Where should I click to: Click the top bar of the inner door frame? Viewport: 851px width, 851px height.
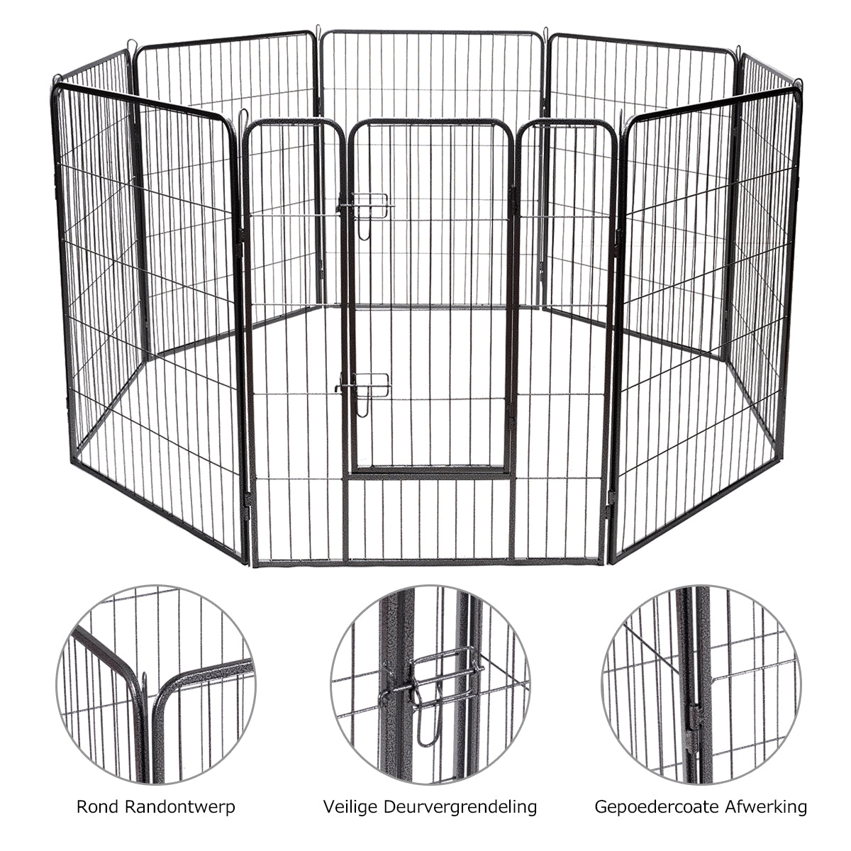tap(430, 123)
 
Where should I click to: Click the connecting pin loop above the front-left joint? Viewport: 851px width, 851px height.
tap(243, 113)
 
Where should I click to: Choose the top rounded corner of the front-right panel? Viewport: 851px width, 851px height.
tap(631, 122)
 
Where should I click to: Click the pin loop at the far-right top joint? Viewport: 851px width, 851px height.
tap(799, 84)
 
